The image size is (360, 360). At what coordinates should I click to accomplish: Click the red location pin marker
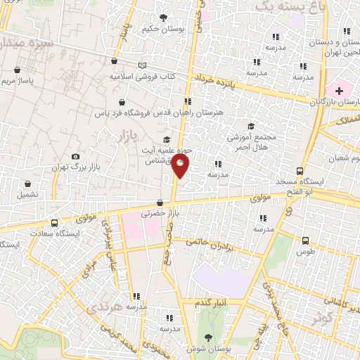click(x=181, y=166)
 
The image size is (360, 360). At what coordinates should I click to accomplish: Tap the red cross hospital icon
click(x=339, y=91)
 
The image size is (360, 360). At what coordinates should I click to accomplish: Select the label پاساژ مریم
click(x=34, y=81)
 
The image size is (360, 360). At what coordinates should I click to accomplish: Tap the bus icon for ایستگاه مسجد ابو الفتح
click(x=300, y=171)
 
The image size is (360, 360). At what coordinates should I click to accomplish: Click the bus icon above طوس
click(x=305, y=240)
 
